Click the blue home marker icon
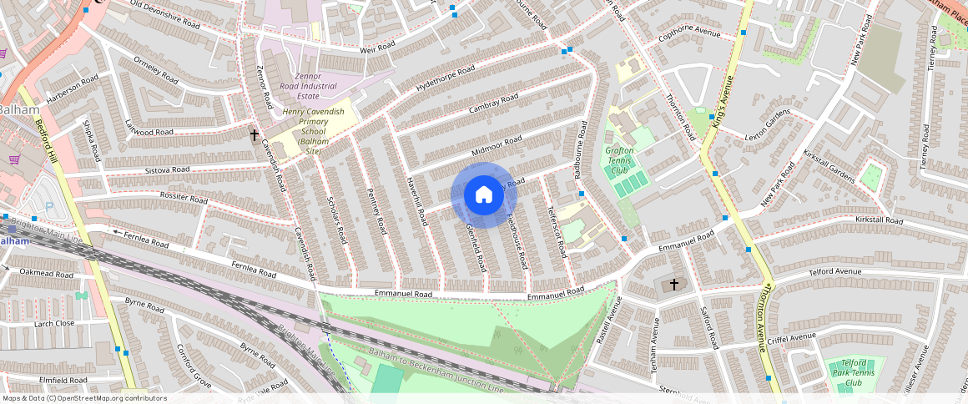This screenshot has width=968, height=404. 484,195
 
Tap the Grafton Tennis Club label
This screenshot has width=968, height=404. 618,161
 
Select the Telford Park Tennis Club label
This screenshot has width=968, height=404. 853,372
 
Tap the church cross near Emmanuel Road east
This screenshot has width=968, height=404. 674,285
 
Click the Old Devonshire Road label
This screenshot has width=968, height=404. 166,15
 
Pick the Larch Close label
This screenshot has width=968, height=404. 53,323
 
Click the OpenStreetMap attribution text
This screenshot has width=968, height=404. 83,398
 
